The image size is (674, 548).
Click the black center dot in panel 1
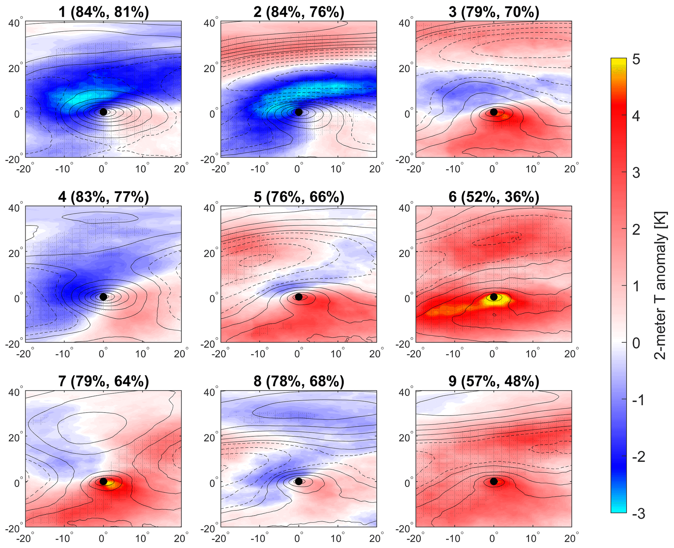103,112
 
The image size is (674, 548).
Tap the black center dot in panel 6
494,297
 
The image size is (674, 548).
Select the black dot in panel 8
298,481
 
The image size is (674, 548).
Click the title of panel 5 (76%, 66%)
299,197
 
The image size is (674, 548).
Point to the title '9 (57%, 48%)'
494,381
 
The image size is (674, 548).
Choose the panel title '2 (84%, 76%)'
299,12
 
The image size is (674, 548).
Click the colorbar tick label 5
636,60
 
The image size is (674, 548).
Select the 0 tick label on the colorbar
636,343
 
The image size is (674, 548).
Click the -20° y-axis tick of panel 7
15,528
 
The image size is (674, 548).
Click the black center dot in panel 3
494,112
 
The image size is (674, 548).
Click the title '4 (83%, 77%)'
103,197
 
